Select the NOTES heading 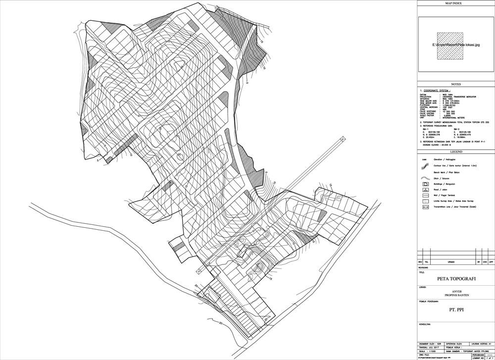click(x=455, y=85)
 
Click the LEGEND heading click(x=455, y=152)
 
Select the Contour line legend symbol click(x=425, y=165)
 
